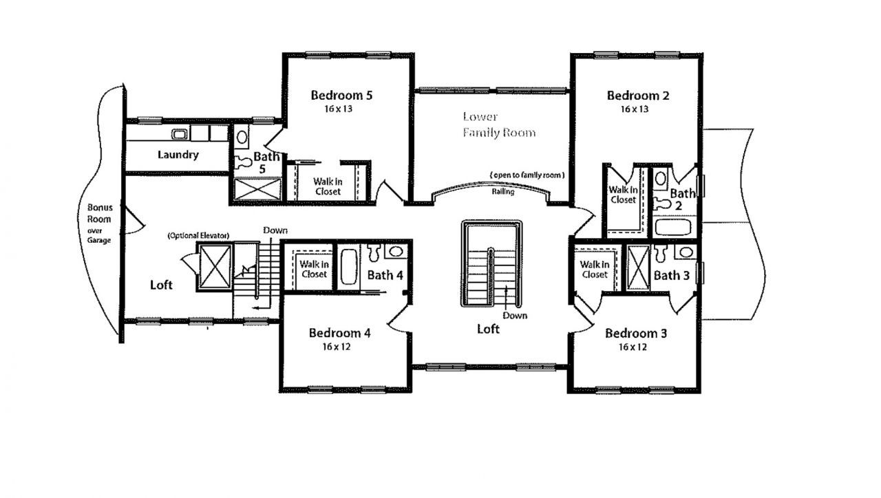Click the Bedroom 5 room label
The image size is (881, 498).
click(341, 95)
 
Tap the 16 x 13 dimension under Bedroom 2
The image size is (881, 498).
click(635, 109)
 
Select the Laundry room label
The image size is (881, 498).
click(178, 155)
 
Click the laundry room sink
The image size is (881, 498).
click(180, 134)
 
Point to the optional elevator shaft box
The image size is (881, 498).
click(215, 267)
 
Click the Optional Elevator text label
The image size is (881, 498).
click(199, 235)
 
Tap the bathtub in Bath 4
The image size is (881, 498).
click(348, 266)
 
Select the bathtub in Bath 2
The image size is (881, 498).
click(673, 227)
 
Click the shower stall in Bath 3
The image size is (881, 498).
click(637, 268)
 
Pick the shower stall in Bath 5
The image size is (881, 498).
click(257, 189)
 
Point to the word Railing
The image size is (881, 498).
click(503, 192)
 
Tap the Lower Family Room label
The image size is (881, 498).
click(499, 124)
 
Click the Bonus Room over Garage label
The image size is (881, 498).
click(100, 224)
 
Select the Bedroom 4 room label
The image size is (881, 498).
click(339, 334)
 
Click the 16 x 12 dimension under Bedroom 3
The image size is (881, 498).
click(633, 347)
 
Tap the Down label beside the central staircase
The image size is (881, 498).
click(515, 316)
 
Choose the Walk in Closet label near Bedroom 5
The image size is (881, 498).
click(328, 186)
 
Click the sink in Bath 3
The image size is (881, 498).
click(686, 252)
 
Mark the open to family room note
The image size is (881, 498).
click(527, 175)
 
